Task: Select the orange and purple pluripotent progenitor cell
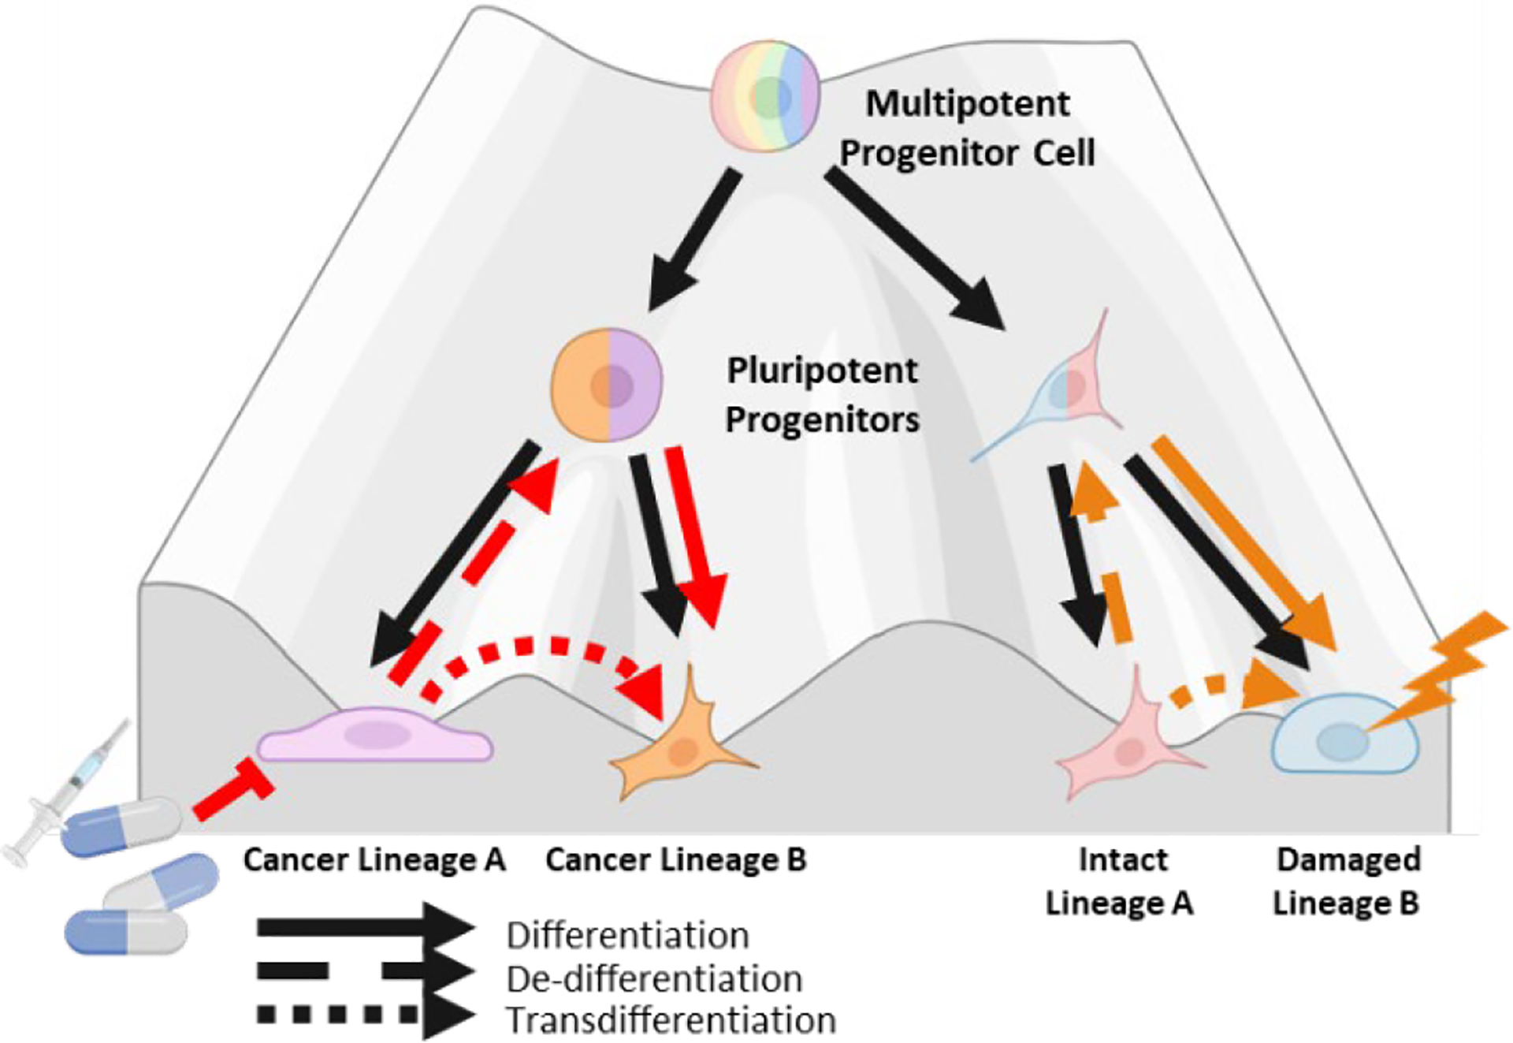tap(607, 385)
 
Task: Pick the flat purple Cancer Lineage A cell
tap(375, 735)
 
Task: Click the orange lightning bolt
tap(1442, 670)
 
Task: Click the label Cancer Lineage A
tap(374, 859)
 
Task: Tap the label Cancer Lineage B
tap(676, 859)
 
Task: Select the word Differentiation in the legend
tap(627, 935)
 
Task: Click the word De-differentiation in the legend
tap(654, 979)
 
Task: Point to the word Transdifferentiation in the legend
tap(671, 1020)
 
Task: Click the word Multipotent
tap(968, 103)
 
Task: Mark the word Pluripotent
tap(822, 371)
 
